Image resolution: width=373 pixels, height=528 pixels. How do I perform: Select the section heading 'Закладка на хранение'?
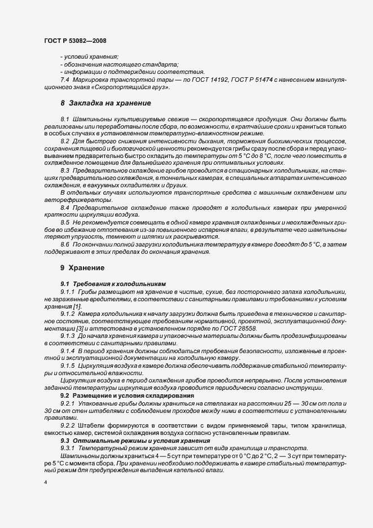pos(102,103)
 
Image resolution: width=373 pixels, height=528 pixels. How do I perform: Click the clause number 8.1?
pos(65,120)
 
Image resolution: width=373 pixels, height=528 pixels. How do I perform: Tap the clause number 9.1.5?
pos(68,365)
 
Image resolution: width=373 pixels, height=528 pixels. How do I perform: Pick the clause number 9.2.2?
pos(68,425)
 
